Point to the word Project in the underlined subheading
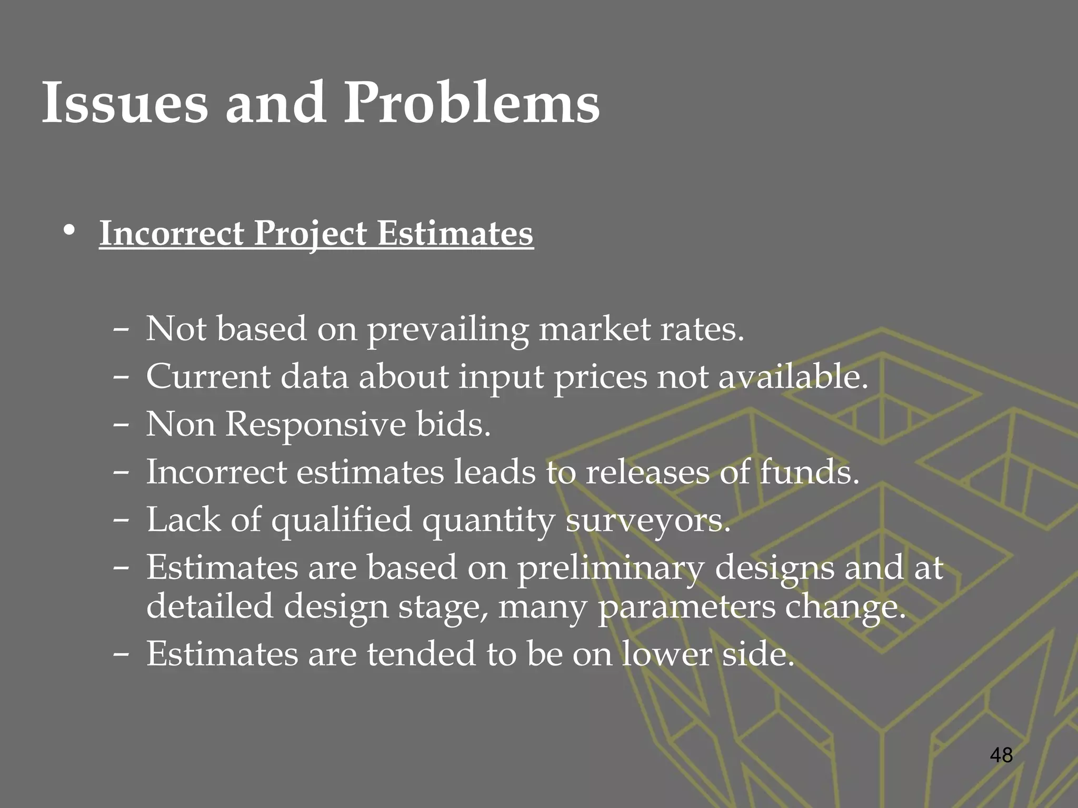(x=311, y=234)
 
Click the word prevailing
(x=447, y=330)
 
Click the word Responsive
(x=316, y=425)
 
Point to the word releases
(x=647, y=472)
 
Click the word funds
(x=810, y=472)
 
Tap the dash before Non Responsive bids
(x=121, y=425)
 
